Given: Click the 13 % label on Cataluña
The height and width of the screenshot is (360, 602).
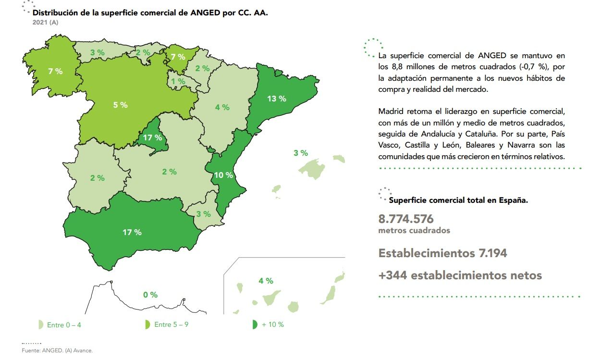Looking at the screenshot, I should (276, 99).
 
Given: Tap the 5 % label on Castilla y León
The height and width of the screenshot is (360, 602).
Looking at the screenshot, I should (120, 105).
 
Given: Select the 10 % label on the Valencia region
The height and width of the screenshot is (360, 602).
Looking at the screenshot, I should (223, 175).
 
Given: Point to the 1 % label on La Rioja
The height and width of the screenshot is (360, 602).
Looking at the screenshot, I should (178, 82).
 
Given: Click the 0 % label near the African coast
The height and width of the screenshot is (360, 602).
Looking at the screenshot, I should (150, 295).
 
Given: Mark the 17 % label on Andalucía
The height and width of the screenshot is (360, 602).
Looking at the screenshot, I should (132, 232).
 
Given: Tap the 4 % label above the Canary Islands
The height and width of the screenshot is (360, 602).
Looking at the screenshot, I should (266, 281).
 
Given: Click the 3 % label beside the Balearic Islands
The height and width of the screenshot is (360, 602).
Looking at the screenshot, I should (301, 153).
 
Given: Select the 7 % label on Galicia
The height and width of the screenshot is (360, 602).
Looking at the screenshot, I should (55, 71).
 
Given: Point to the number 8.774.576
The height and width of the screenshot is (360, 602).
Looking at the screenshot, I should (406, 219).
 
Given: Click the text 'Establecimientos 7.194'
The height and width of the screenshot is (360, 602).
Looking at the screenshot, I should (442, 253).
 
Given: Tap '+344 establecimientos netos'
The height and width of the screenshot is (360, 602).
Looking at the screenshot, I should (460, 275).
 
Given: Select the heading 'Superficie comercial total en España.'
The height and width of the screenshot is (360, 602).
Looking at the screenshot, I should (458, 200).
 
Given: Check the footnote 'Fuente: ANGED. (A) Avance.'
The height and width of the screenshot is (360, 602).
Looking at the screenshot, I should (57, 351).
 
